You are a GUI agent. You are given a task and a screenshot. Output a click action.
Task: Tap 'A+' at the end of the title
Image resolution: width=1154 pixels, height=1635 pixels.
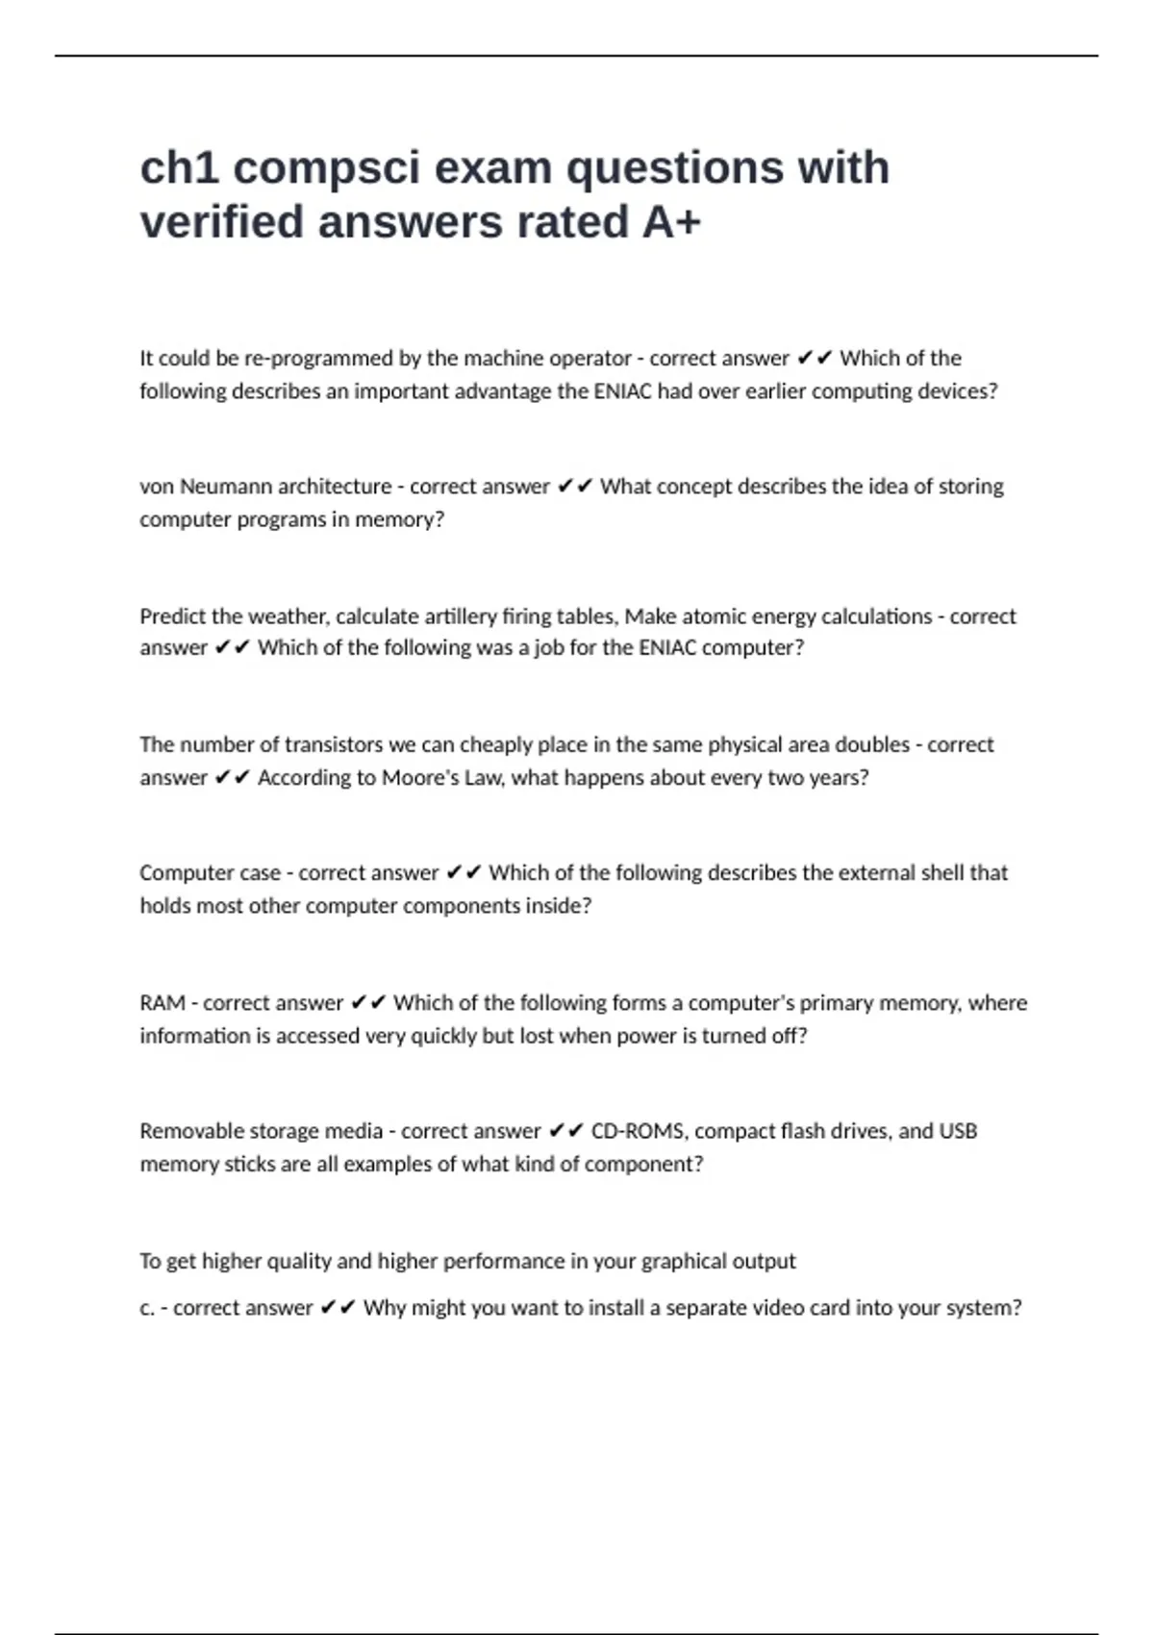tap(671, 222)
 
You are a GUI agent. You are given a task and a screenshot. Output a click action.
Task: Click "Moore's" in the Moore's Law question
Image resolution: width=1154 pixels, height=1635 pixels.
tap(420, 777)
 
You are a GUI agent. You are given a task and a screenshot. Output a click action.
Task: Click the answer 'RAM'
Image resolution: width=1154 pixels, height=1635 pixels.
tap(162, 1003)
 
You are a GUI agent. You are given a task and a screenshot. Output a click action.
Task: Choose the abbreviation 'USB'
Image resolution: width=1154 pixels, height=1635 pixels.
tap(958, 1131)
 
